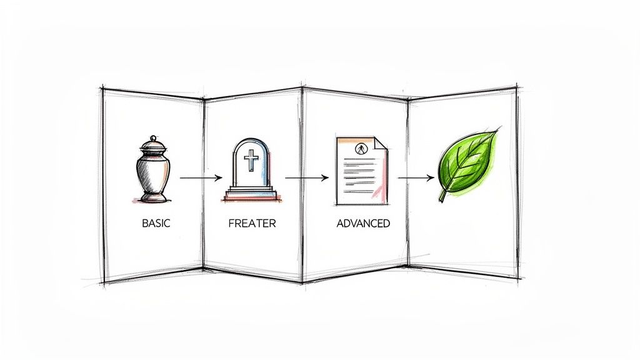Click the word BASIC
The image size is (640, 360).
tap(156, 222)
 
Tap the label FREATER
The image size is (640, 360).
tap(251, 222)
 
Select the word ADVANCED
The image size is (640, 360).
tap(363, 222)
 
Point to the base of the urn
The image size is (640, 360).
tap(153, 197)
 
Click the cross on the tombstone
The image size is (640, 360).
tap(251, 161)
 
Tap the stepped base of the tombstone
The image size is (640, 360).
tap(251, 193)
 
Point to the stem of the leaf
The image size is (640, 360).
tap(442, 196)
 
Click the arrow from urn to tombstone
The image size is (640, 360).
tap(200, 178)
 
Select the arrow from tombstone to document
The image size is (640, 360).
tap(306, 178)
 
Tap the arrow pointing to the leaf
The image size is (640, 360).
tap(416, 178)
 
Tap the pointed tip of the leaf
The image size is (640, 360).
tap(498, 131)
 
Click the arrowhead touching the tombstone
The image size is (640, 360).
tap(219, 178)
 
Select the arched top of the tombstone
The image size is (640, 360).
tap(251, 144)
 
